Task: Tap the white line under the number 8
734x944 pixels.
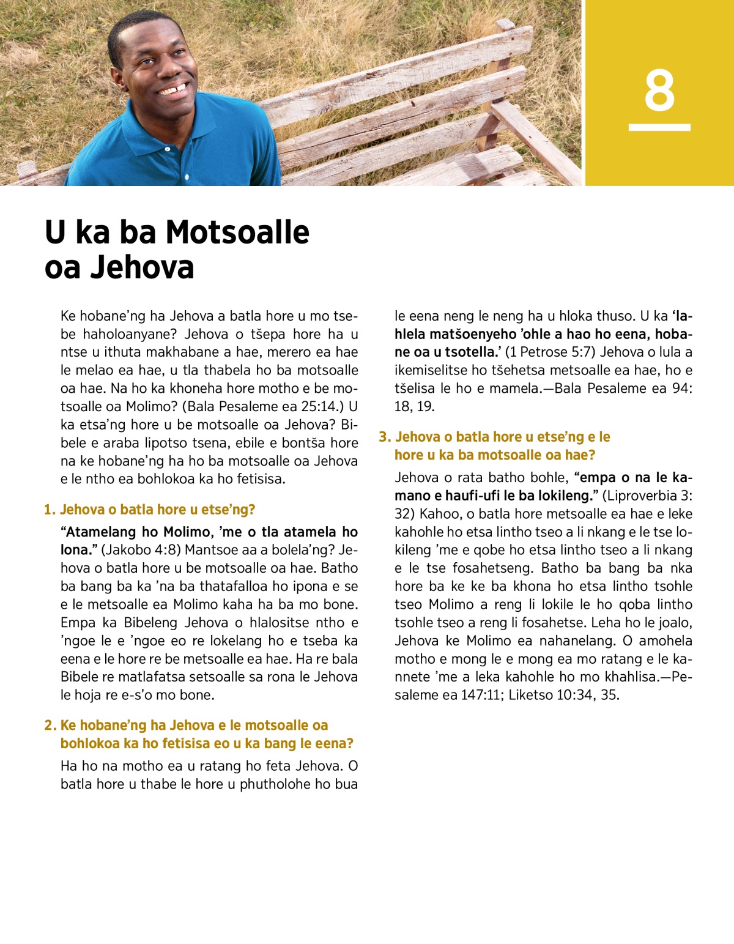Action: pos(659,127)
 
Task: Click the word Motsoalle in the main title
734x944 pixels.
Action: pos(237,232)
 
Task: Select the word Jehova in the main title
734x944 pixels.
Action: pos(142,267)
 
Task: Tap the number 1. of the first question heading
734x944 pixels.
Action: pos(50,510)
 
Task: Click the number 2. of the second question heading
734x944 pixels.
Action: pos(50,726)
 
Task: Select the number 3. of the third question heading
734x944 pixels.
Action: pos(385,437)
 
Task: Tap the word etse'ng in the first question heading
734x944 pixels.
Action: pos(231,510)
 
